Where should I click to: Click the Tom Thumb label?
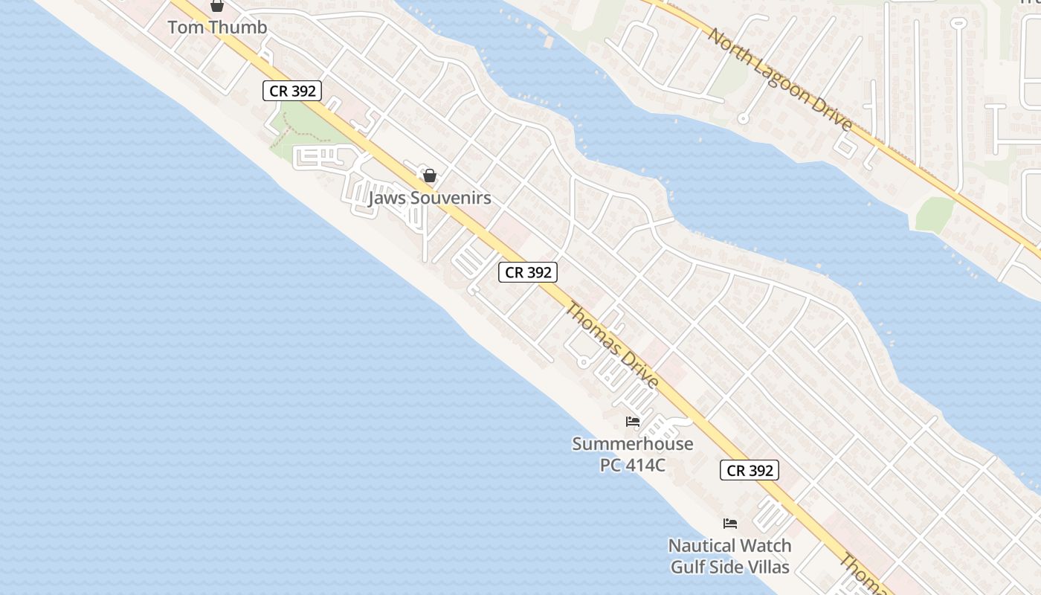217,28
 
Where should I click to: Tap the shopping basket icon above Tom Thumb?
217,6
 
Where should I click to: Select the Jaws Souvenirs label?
430,198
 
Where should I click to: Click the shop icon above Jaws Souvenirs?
429,176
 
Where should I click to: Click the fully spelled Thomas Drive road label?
612,345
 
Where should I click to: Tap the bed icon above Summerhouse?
633,422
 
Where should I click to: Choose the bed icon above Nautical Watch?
730,524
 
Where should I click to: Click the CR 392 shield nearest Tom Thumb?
293,91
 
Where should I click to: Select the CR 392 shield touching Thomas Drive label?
528,272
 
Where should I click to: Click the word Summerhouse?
633,444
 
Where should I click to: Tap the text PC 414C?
633,465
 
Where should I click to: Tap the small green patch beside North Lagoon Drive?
934,214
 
